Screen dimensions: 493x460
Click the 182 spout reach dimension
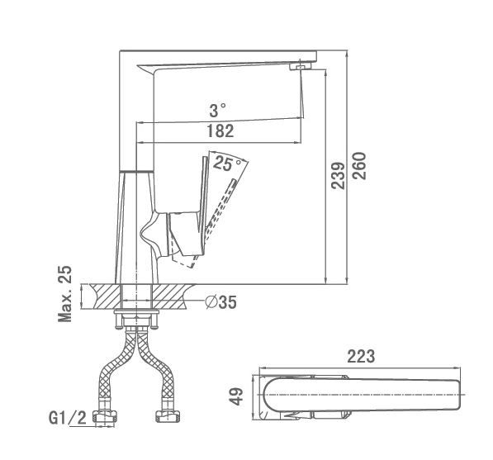(220, 131)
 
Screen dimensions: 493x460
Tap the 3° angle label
(217, 111)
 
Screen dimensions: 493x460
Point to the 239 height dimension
(338, 176)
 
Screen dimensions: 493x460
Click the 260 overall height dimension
(359, 166)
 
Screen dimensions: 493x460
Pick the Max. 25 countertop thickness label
(64, 294)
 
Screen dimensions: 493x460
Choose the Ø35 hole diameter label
(221, 302)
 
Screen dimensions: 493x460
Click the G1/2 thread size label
(68, 418)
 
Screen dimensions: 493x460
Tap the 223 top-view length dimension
(361, 357)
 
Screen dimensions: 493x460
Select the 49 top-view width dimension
(236, 396)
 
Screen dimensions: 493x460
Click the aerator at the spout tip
(301, 66)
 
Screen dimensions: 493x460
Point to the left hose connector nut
(105, 416)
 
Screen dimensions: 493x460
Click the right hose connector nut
(168, 416)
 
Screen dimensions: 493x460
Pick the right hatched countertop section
(173, 296)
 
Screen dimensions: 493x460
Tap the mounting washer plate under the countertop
(136, 311)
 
